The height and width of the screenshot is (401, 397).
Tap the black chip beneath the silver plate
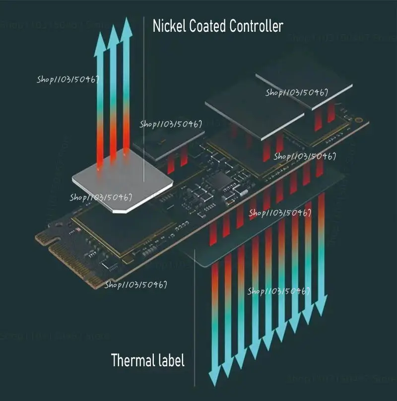124,228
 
